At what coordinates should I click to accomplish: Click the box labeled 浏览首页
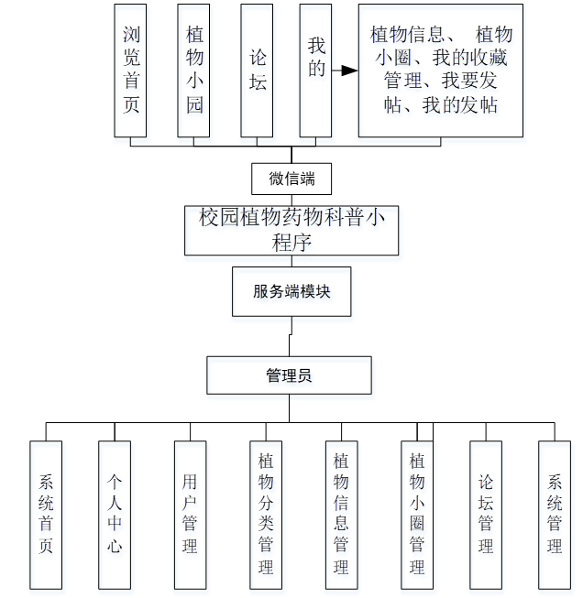pos(131,70)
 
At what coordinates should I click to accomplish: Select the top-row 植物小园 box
pos(193,70)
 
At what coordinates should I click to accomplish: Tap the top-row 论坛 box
pos(258,70)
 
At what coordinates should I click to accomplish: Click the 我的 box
pos(315,70)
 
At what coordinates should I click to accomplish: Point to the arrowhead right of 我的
pos(348,71)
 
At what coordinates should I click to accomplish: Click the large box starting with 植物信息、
pos(440,71)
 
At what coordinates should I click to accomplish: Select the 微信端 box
pos(291,179)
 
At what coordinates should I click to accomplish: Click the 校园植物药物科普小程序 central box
pos(291,230)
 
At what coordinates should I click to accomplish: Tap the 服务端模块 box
pos(291,292)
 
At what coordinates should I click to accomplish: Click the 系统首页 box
pos(46,514)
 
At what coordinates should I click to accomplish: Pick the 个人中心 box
pos(115,514)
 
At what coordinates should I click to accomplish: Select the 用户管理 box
pos(190,514)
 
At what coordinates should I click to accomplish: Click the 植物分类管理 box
pos(266,514)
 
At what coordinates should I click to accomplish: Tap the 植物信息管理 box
pos(341,514)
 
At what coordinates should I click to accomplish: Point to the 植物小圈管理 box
pos(416,514)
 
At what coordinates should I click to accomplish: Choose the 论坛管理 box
pos(486,514)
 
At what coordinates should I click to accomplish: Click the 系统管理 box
pos(555,514)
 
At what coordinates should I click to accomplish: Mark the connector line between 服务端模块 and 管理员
pos(291,337)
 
